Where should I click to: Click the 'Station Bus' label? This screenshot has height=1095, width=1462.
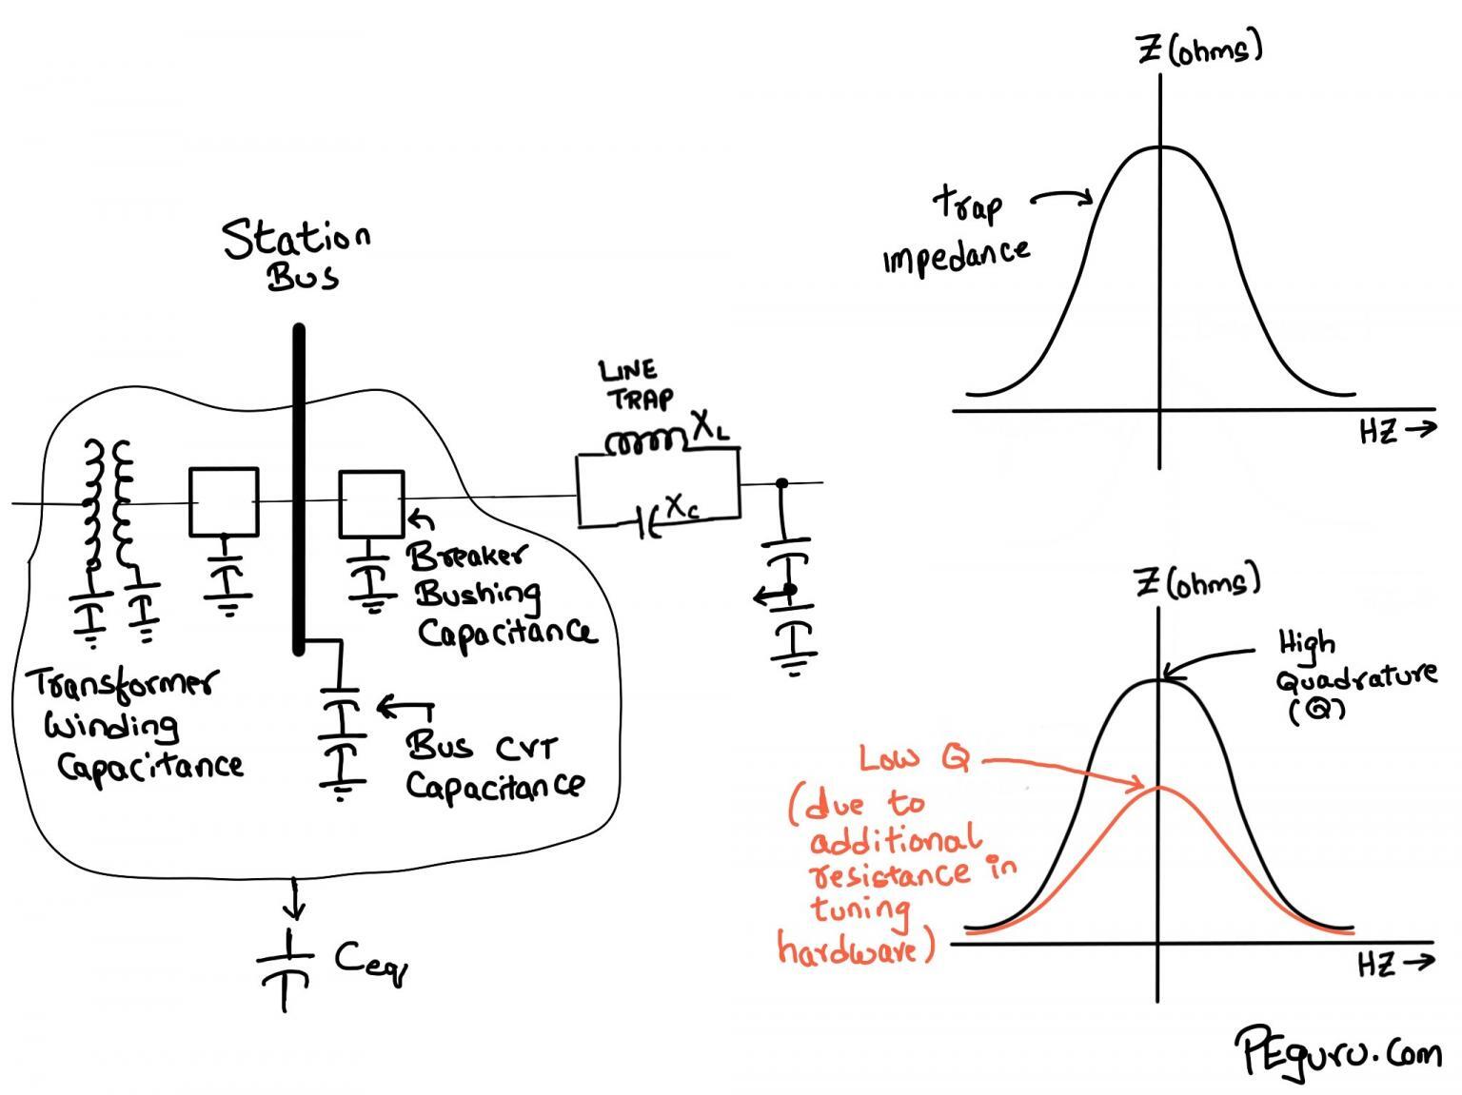point(296,254)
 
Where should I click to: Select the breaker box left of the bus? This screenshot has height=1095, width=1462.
point(224,501)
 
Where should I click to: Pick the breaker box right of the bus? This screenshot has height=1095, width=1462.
point(371,502)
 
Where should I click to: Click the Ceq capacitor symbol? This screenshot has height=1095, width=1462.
point(286,967)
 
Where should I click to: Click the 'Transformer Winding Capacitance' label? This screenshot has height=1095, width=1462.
point(133,724)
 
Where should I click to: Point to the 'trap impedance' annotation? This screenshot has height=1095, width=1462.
point(957,231)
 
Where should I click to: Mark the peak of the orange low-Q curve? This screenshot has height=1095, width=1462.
point(1158,787)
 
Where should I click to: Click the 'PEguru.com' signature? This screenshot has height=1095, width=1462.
point(1337,1050)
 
